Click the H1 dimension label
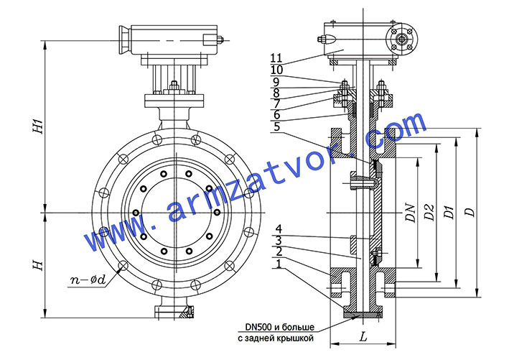39,126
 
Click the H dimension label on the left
38,265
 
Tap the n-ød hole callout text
88,280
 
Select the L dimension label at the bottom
363,337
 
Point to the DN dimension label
411,213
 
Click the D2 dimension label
429,212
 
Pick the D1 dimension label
449,212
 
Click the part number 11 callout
276,57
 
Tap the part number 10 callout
276,70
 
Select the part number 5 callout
276,126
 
